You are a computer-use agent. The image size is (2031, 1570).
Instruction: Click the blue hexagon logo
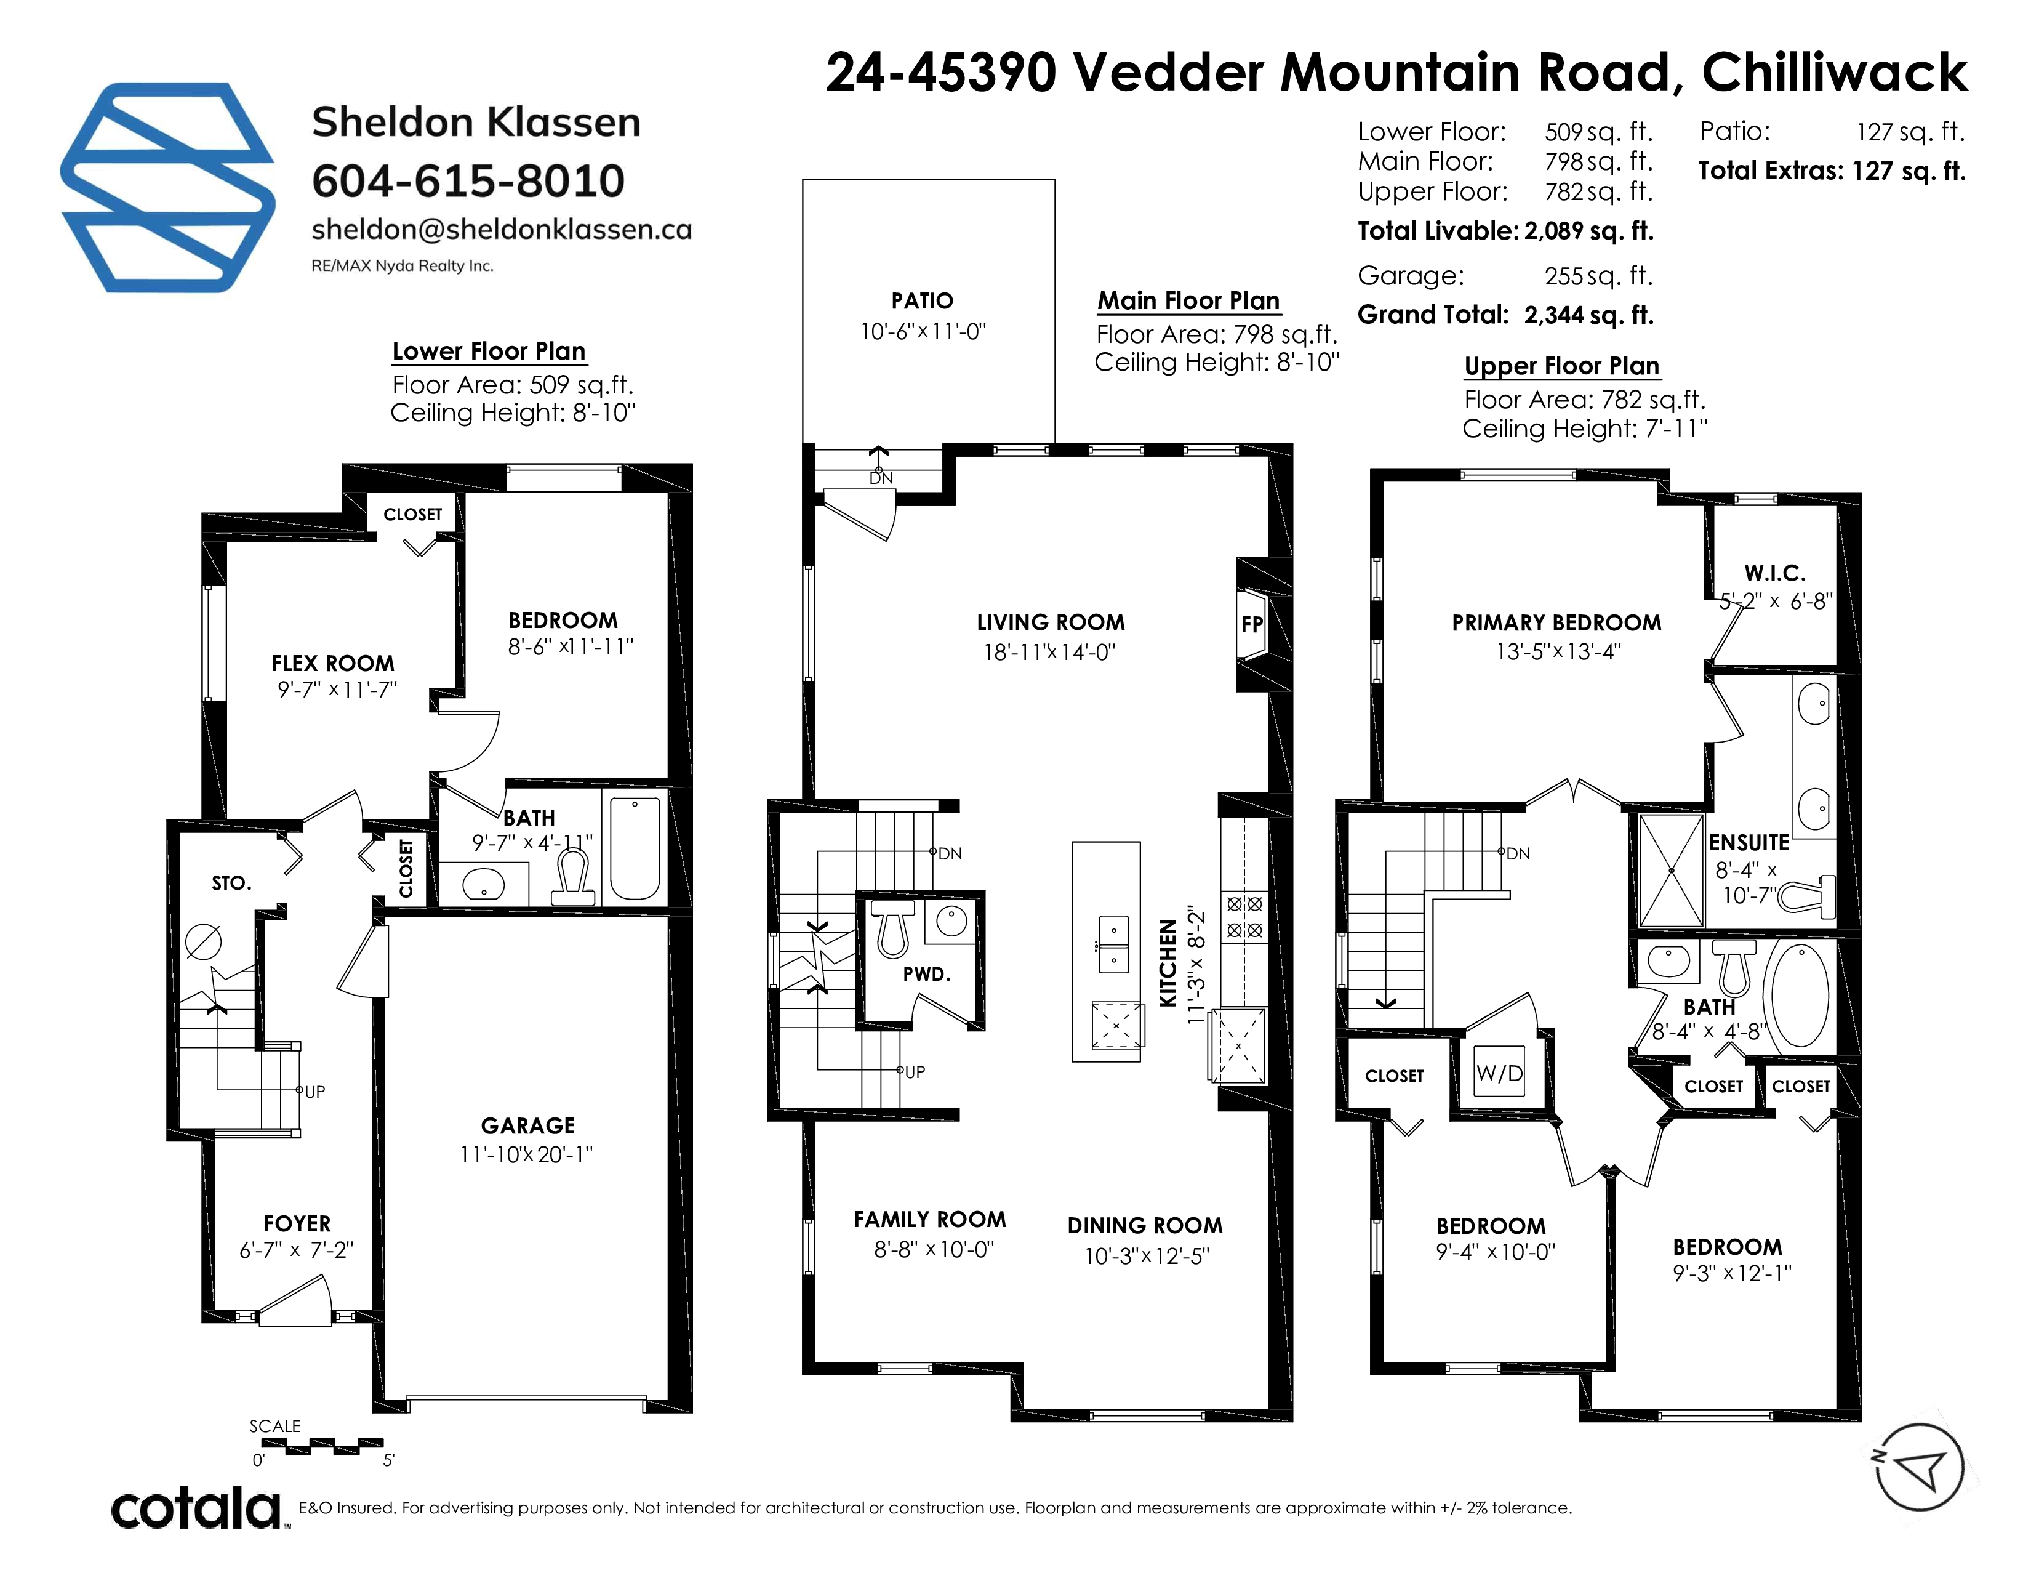click(167, 188)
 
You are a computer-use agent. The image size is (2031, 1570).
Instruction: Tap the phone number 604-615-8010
click(468, 180)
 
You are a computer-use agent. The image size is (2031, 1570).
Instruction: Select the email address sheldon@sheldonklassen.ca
click(501, 230)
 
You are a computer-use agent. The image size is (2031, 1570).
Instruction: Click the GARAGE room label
click(528, 1125)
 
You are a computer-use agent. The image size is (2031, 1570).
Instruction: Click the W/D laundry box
click(1500, 1073)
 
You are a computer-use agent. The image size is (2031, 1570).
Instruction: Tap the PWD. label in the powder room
click(926, 974)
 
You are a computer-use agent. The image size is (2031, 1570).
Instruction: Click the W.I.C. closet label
click(1774, 573)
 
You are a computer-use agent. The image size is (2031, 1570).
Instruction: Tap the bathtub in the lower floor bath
click(635, 847)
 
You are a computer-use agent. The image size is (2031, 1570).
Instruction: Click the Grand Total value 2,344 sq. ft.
click(1589, 315)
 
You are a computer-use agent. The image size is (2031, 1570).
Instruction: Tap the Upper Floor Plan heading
click(1562, 366)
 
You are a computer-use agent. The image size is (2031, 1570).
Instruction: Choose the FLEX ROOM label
click(333, 663)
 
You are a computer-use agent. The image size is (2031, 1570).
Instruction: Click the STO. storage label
click(231, 883)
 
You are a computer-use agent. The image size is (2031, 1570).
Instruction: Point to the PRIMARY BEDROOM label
click(1556, 623)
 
